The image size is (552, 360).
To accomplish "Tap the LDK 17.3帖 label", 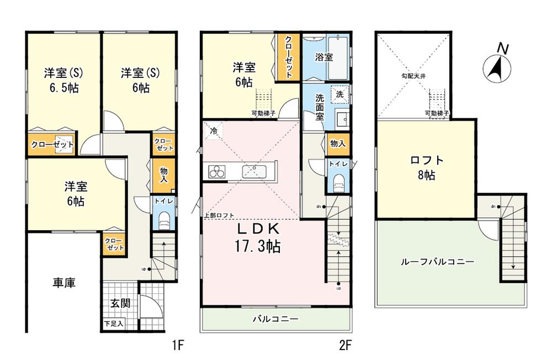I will pyautogui.click(x=259, y=237).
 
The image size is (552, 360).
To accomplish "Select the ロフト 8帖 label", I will pyautogui.click(x=426, y=168).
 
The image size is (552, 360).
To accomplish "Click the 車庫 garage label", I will pyautogui.click(x=64, y=283).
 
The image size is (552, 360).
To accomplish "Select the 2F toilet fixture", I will pyautogui.click(x=338, y=183).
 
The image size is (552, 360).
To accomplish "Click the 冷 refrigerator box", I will pyautogui.click(x=213, y=131).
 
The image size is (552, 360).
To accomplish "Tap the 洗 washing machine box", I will pyautogui.click(x=339, y=94).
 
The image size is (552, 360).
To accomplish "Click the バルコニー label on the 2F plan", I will pyautogui.click(x=275, y=319).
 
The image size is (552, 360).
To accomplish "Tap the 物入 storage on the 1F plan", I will pyautogui.click(x=164, y=175).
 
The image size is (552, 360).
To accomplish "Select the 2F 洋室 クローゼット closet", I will pyautogui.click(x=289, y=57).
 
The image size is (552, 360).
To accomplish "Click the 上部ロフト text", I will pyautogui.click(x=219, y=215).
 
